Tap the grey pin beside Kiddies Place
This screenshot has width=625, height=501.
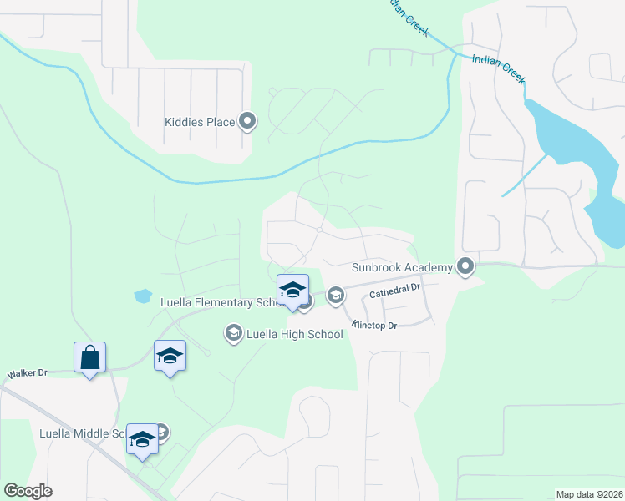point(247,122)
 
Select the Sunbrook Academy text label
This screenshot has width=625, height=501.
point(400,267)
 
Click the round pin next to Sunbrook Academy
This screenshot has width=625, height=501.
point(465,267)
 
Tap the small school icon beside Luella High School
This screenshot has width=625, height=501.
point(232,334)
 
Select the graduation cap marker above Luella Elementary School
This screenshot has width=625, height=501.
point(292,290)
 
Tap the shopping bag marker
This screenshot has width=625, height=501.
point(89,357)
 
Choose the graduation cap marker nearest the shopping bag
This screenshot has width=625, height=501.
point(170,357)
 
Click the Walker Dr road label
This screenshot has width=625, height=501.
point(27,373)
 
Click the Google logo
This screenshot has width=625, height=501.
point(28,491)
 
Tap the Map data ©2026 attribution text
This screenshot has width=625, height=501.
point(589,494)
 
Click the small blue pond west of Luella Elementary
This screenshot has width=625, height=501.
point(142,296)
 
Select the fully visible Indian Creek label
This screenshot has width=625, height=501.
point(498,69)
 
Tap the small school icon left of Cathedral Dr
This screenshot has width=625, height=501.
point(336,294)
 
